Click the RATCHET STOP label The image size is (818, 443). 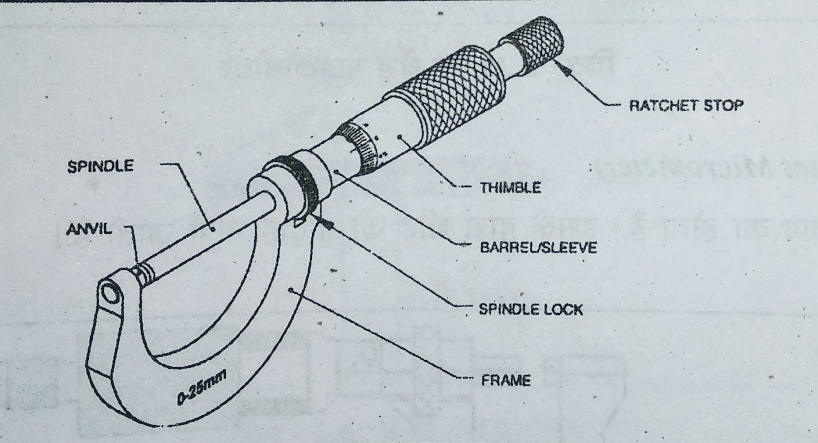coord(686,106)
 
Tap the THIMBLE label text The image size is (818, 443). coord(510,188)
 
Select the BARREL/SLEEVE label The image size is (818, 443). coord(538,248)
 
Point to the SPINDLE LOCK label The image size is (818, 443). coord(531,309)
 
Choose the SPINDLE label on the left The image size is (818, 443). coord(100,166)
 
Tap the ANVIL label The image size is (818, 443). coord(89,229)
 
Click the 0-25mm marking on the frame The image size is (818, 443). coord(202,389)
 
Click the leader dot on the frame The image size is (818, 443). coord(291,290)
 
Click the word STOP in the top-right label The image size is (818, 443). coord(723,106)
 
